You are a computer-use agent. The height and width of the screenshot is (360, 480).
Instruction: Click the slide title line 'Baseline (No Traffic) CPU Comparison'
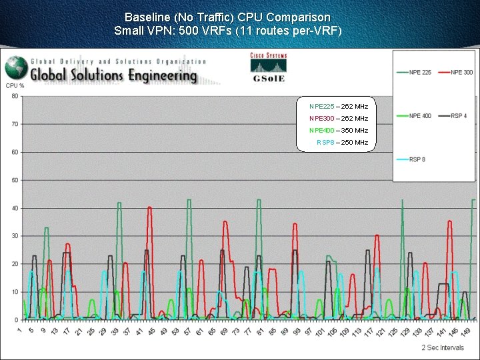227,17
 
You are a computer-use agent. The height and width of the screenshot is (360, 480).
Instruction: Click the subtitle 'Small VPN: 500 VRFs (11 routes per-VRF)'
227,31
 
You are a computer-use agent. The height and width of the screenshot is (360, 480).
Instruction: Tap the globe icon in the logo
16,68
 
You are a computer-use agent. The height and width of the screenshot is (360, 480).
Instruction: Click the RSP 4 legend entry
458,116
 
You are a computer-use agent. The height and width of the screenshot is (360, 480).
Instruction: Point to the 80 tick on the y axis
15,96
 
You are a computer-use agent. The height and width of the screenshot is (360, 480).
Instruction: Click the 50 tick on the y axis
15,180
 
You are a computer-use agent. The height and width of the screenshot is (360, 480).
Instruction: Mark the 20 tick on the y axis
15,264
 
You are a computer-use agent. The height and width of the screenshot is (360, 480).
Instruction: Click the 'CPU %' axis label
15,85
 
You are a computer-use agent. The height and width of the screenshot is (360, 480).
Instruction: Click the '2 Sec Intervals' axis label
443,347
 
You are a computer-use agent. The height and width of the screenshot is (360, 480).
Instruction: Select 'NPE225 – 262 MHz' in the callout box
339,107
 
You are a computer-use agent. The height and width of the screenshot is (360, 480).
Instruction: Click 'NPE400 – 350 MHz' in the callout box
339,131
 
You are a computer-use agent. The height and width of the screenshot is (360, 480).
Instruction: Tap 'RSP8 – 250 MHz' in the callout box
342,143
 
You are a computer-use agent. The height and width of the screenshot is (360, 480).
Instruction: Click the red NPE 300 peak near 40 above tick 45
149,208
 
